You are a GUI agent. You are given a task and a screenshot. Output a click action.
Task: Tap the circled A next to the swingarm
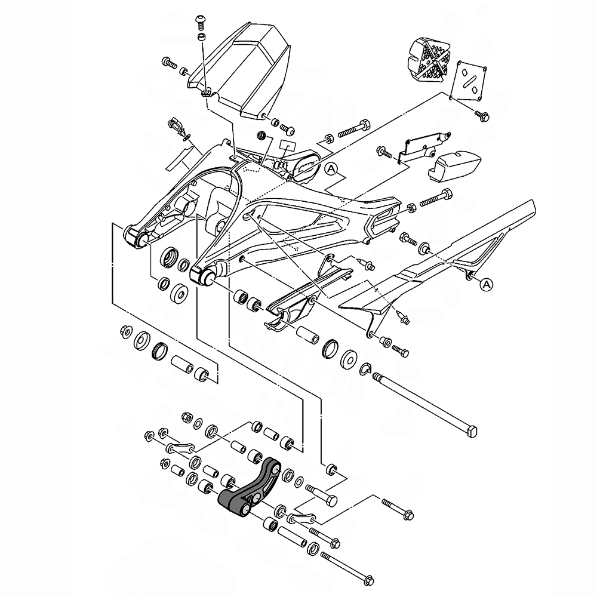pos(331,169)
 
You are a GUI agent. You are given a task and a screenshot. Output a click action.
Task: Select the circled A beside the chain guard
pos(486,284)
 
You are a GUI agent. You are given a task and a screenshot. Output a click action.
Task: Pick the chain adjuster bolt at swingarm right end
pos(436,198)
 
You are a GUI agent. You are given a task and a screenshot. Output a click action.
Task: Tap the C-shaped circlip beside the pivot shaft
pos(365,369)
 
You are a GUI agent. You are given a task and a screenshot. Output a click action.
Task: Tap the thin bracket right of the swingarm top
pos(424,147)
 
